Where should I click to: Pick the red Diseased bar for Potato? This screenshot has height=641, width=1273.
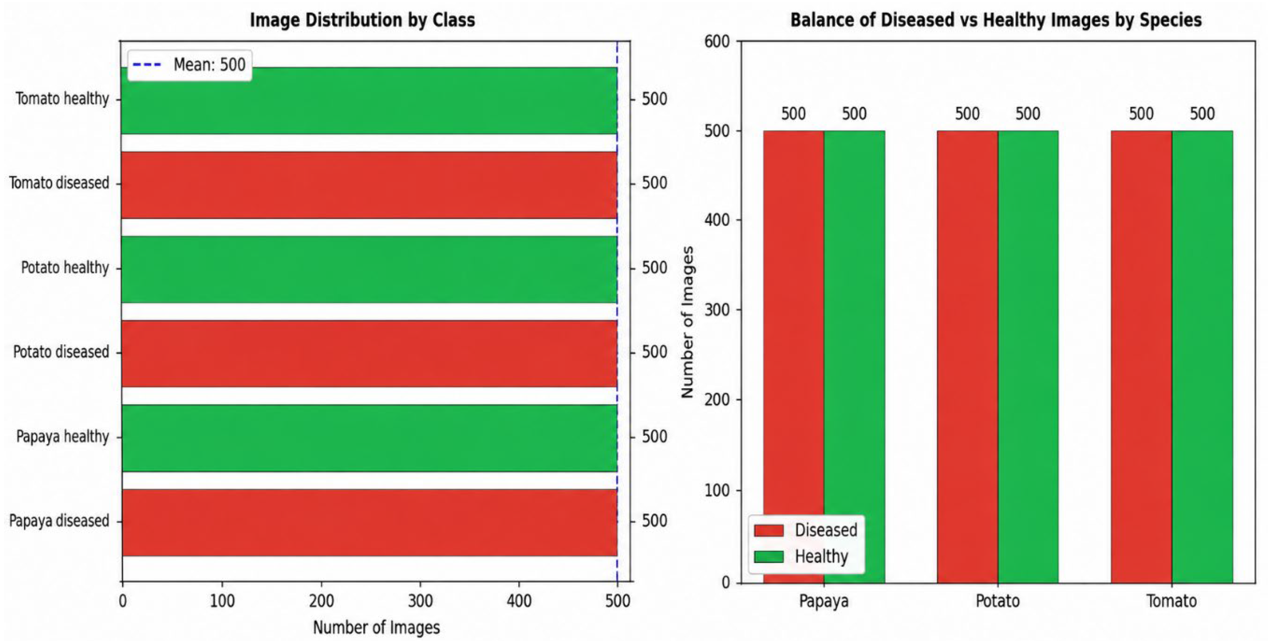pos(967,357)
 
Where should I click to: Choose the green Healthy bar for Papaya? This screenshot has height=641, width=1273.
pos(854,357)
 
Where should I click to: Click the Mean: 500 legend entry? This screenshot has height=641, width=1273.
pos(189,65)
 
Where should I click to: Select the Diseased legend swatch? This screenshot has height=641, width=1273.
pos(769,530)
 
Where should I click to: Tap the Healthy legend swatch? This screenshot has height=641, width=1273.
pos(769,557)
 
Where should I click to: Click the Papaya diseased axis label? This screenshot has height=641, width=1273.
pos(59,521)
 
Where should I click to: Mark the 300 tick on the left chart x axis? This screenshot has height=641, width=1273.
pos(420,601)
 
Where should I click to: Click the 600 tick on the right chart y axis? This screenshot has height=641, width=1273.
pos(717,41)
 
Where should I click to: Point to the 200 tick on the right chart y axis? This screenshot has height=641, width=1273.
pos(717,400)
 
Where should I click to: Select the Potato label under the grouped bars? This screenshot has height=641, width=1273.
pos(997,601)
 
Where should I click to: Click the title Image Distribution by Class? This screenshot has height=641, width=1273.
pos(362,20)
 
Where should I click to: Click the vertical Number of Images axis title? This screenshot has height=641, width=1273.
pos(687,322)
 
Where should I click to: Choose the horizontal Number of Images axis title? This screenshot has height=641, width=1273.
pos(377,628)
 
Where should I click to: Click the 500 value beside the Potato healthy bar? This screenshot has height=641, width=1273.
pos(655,268)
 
